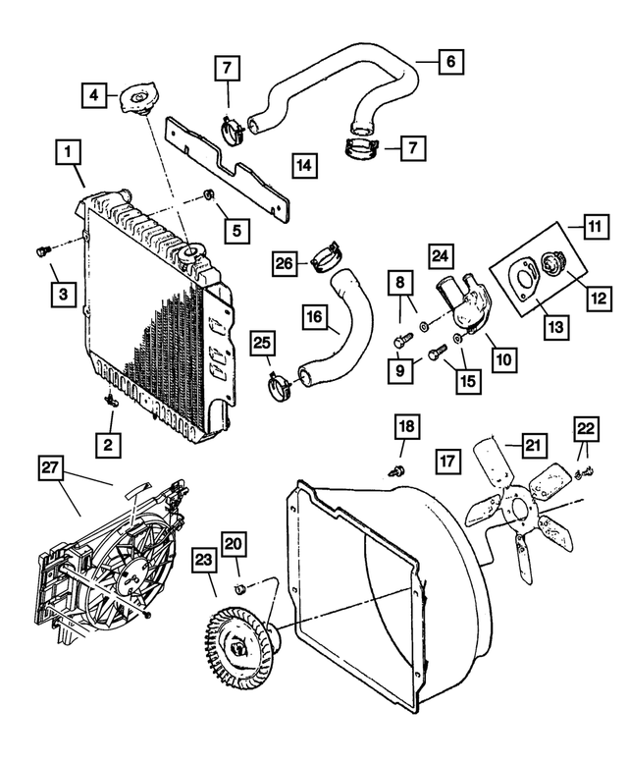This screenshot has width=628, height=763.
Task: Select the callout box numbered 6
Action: (449, 62)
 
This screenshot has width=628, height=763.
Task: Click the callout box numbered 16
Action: (314, 319)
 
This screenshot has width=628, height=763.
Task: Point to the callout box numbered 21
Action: (532, 447)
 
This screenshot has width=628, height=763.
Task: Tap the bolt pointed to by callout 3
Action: (41, 251)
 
